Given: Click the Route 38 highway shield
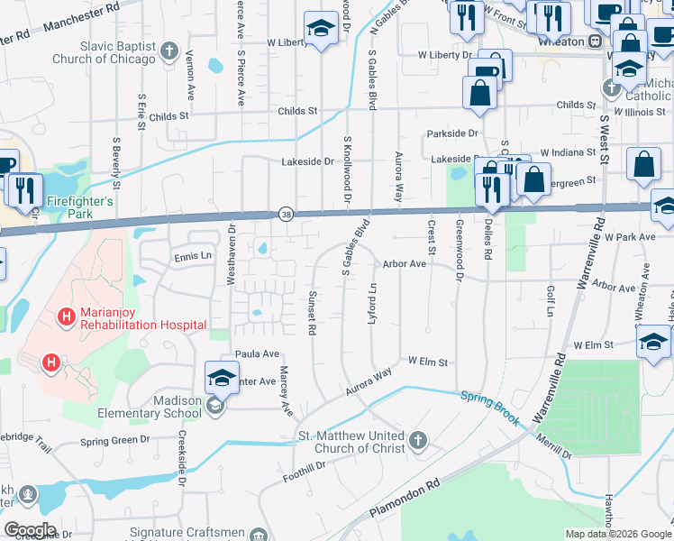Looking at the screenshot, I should tap(286, 215).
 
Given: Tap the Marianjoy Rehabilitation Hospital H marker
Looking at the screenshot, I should tap(66, 316).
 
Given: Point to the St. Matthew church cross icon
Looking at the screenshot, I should tap(416, 441).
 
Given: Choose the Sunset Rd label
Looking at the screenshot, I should tap(312, 314).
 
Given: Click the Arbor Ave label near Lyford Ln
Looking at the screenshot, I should tap(404, 264).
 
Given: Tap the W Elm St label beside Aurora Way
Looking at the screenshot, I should tap(428, 362).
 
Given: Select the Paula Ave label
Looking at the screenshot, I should tap(257, 354).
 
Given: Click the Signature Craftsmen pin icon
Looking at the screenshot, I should tap(260, 534).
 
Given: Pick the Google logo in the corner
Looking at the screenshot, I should tap(30, 530).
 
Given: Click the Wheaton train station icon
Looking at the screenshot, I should tap(595, 41).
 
